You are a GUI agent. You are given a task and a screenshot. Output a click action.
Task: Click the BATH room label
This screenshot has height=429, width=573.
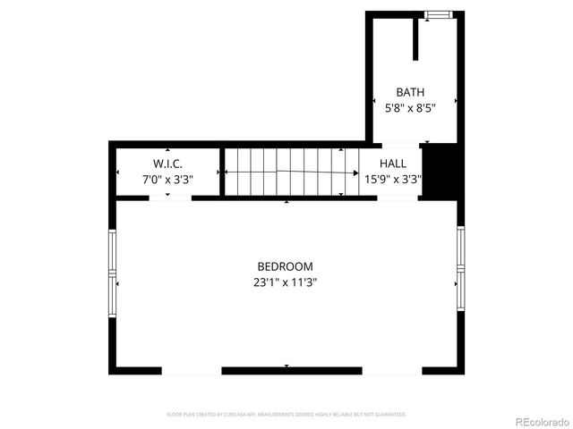pos(410,91)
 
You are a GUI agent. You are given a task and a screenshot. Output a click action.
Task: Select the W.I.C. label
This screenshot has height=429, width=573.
pos(167,164)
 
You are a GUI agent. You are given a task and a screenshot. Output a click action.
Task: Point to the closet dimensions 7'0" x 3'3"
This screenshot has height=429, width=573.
pos(167,179)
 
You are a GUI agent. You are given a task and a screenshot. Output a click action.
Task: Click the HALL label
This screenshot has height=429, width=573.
pos(392,164)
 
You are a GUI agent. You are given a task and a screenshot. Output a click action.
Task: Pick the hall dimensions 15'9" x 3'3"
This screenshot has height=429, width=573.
pos(392,179)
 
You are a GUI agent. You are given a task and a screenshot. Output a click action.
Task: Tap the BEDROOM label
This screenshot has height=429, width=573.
pos(285,266)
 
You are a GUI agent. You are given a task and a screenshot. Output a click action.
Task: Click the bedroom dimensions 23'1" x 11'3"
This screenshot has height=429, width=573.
pos(285,282)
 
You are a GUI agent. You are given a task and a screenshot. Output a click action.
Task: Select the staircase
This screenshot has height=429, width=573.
pos(285,171)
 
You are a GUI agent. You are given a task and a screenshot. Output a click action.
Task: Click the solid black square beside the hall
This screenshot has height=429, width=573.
pos(441,170)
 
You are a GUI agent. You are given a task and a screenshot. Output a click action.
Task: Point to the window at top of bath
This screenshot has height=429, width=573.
pos(438,13)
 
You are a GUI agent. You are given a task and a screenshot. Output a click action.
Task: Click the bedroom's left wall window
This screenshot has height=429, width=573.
pos(113,273)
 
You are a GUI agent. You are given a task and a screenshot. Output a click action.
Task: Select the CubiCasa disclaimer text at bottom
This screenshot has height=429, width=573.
pos(286,415)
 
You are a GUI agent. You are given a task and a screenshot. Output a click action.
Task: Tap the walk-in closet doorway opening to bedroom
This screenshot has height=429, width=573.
pos(169,198)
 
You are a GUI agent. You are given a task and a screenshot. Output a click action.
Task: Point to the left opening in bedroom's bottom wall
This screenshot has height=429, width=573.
pos(192,369)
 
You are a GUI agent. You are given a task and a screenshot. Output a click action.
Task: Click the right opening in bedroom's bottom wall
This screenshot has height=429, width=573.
pos(392,369)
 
